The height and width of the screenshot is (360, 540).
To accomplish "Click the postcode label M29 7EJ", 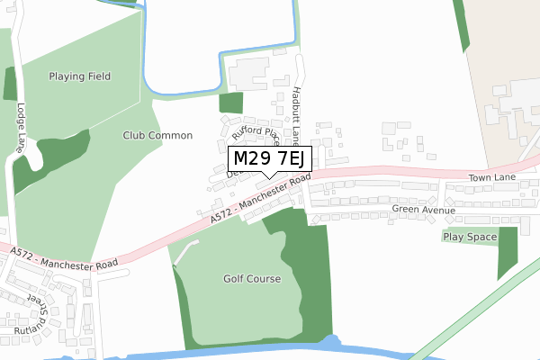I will coord(271,159).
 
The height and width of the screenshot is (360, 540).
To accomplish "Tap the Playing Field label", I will coord(80,76).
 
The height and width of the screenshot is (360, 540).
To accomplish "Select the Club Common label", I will coord(158,135).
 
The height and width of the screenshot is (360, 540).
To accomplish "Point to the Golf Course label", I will coord(252,279).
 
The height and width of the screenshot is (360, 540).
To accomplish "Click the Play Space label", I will coord(469,237).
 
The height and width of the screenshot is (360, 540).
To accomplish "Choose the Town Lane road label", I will coord(491,178).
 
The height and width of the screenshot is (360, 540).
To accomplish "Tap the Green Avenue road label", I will coord(424,209).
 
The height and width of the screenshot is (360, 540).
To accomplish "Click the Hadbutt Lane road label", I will coord(296,115).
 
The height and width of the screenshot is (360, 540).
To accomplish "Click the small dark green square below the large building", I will coord(231,103).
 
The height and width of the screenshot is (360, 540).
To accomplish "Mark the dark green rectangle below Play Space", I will coord(508,254).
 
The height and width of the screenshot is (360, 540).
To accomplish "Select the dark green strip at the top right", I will coord(462,25).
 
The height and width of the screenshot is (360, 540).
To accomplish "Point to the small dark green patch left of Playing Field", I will coord(10,83).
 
